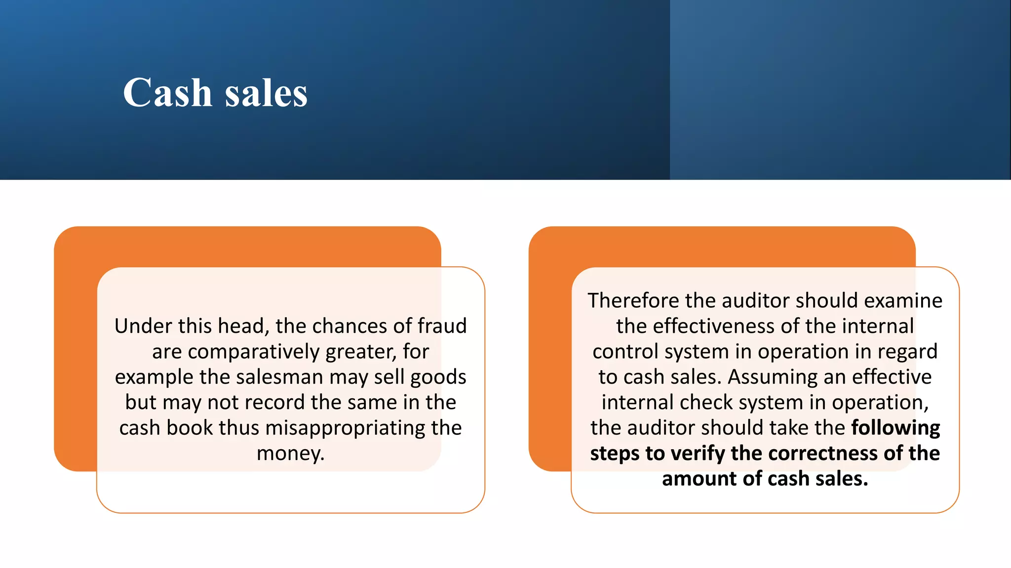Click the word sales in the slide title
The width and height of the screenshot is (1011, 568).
[266, 94]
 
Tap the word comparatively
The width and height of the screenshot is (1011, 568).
[254, 352]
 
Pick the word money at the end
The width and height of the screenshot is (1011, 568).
[288, 453]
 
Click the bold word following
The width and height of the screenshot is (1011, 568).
[895, 428]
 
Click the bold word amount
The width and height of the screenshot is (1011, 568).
[697, 479]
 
